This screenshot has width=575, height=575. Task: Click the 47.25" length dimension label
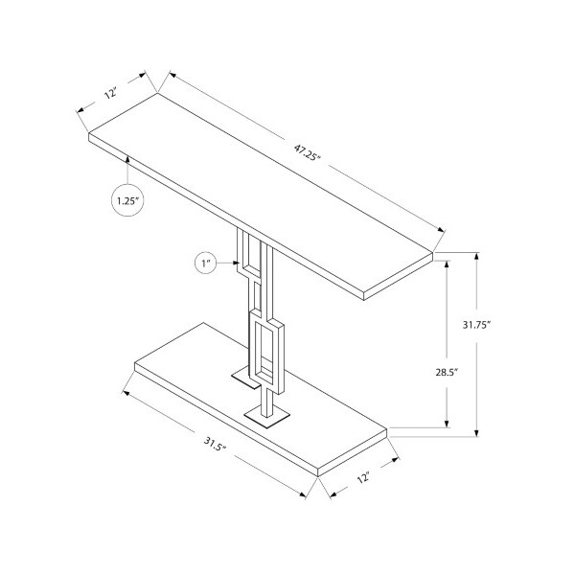308,152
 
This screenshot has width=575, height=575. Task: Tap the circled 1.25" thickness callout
127,200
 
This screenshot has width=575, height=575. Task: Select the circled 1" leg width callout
205,263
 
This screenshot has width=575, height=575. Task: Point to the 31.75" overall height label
476,325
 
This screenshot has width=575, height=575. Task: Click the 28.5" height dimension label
447,373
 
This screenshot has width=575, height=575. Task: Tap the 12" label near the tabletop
111,92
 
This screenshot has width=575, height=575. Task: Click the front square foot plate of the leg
267,418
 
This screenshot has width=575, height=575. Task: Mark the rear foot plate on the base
245,378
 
